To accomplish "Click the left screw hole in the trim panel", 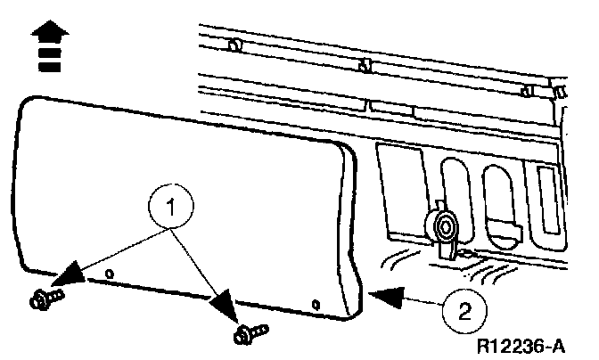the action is click(x=108, y=271).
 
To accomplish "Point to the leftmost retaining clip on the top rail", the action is click(x=234, y=45).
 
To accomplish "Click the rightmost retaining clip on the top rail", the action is click(x=556, y=92).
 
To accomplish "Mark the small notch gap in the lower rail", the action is click(x=370, y=105).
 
